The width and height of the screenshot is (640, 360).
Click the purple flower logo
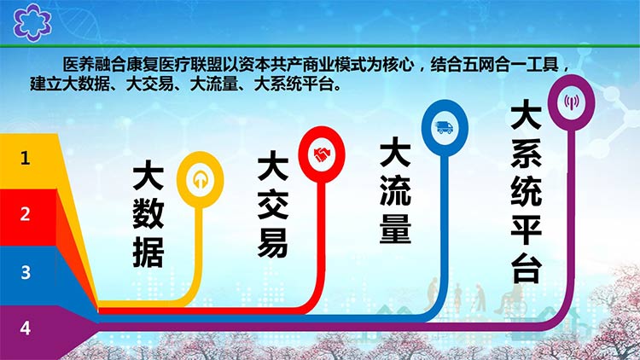(x=32, y=22)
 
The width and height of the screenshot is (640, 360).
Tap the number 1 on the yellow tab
(x=26, y=158)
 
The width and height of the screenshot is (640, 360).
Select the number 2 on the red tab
(x=26, y=214)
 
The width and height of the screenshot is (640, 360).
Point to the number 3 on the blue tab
(x=26, y=272)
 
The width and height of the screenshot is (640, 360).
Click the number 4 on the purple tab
(x=26, y=328)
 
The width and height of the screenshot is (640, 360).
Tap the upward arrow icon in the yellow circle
(x=200, y=180)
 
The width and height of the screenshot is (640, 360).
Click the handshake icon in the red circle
(x=322, y=154)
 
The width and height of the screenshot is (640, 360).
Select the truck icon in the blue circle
(x=445, y=128)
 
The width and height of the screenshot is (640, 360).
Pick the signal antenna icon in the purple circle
(x=572, y=102)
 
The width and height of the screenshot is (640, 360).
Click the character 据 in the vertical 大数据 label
(x=148, y=253)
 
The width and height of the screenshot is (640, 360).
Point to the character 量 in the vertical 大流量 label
(x=395, y=229)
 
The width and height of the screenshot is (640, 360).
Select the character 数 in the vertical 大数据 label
(x=148, y=213)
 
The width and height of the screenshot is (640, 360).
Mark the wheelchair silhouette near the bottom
(x=510, y=300)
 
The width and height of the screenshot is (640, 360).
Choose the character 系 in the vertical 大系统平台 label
(x=527, y=152)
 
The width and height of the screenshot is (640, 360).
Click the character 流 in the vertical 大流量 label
(x=395, y=190)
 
